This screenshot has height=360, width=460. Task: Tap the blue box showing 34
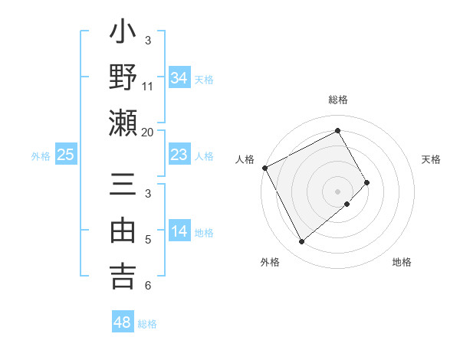(x=179, y=77)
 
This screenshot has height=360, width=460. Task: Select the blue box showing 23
(x=179, y=155)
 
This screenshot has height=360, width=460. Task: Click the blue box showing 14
(x=179, y=231)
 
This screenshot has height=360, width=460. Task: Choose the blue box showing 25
(x=66, y=155)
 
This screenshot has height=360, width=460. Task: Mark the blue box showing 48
(x=123, y=322)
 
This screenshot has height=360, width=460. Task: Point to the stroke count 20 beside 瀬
(x=148, y=132)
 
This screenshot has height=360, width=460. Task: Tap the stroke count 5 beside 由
(x=148, y=241)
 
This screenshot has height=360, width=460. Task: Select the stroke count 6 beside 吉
(x=148, y=286)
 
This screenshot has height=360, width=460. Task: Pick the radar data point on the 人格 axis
(x=264, y=168)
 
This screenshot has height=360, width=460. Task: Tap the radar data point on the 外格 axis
(x=301, y=242)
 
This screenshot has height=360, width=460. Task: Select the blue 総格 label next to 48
(x=147, y=324)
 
